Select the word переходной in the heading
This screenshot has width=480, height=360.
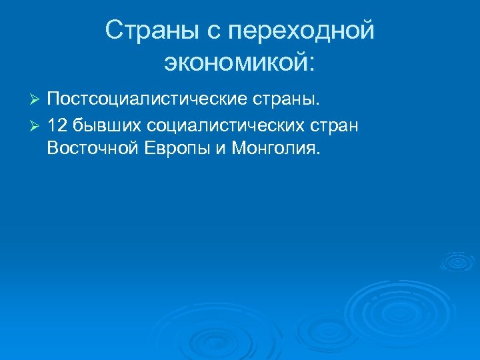point(301,31)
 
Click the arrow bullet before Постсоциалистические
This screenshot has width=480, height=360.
point(37,100)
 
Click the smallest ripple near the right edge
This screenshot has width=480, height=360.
point(458,262)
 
